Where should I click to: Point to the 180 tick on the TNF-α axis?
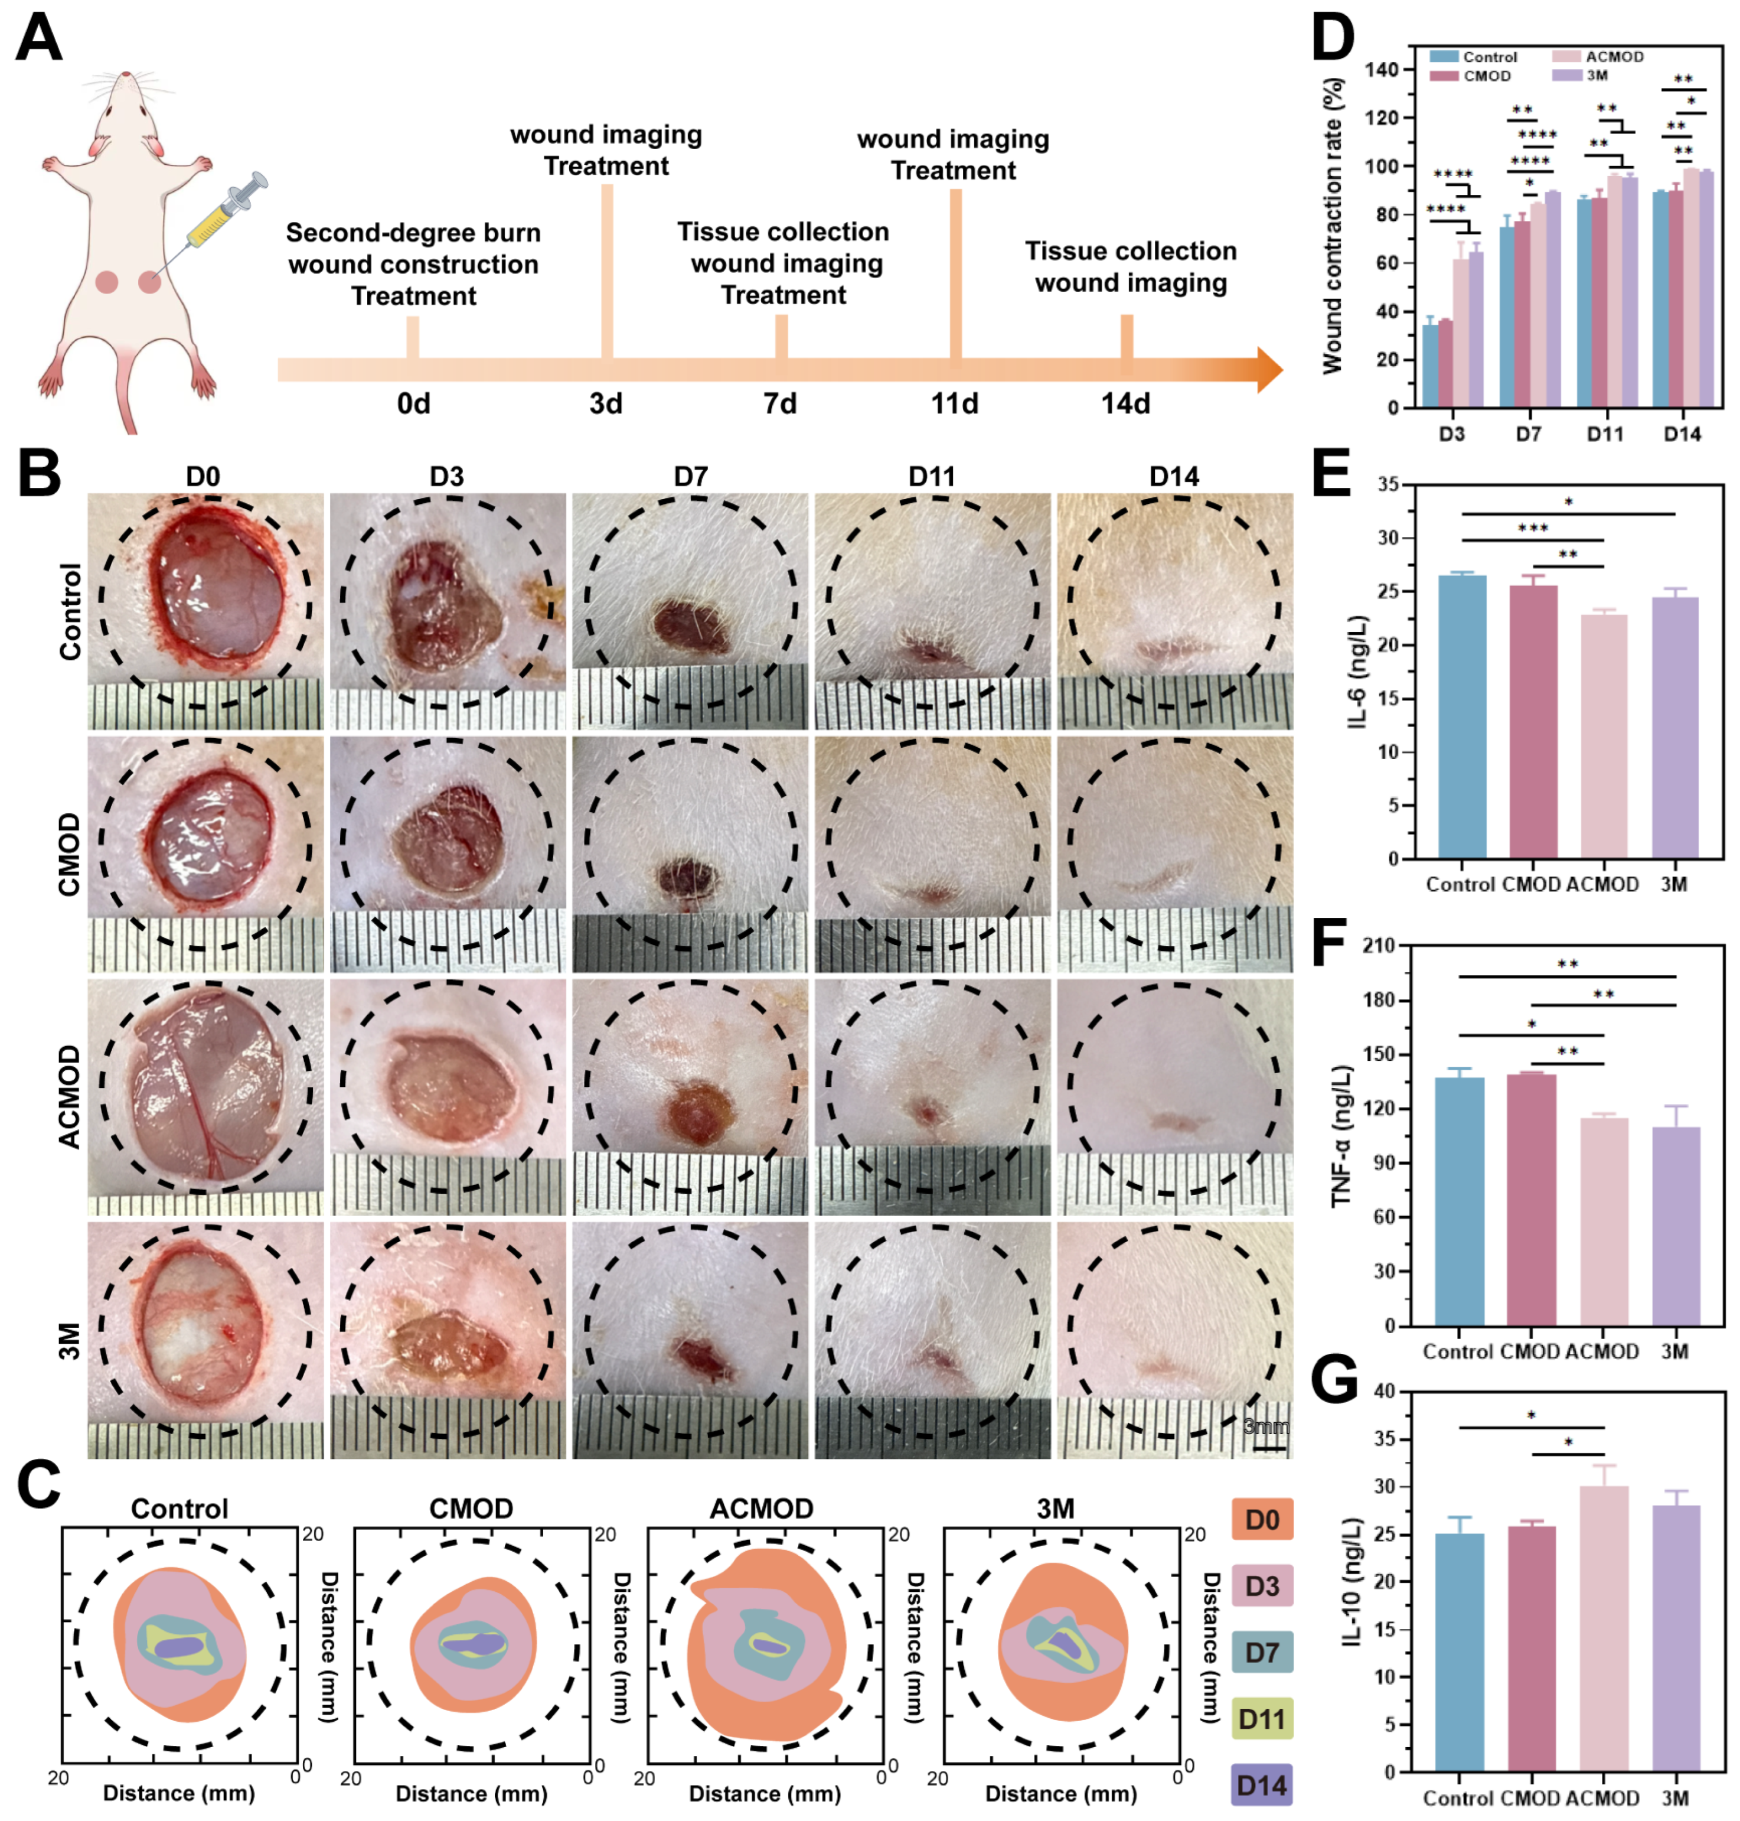click(x=1383, y=1000)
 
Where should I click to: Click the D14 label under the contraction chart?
click(x=1682, y=433)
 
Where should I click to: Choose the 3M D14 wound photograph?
click(x=1174, y=1338)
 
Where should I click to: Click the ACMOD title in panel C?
click(x=760, y=1509)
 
